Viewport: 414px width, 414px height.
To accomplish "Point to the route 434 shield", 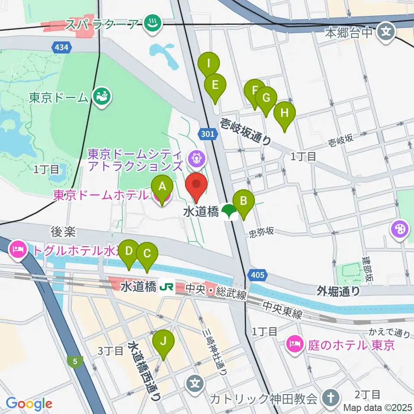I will (62, 47).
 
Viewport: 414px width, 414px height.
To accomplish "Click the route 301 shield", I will (207, 134).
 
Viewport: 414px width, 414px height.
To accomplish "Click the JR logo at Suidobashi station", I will (166, 287).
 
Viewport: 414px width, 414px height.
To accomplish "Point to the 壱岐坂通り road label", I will (246, 131).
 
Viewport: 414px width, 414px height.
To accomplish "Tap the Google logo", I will (29, 404).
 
